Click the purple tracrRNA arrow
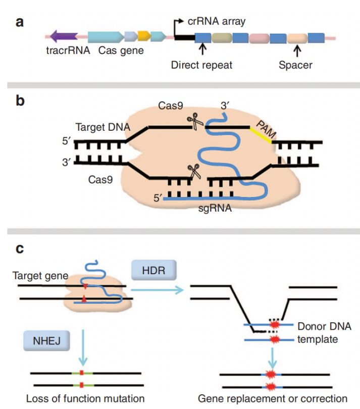64,36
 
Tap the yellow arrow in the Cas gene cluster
144,36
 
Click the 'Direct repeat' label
201,65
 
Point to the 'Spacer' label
296,65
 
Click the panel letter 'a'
20,23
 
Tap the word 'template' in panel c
318,339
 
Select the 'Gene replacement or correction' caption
273,398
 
